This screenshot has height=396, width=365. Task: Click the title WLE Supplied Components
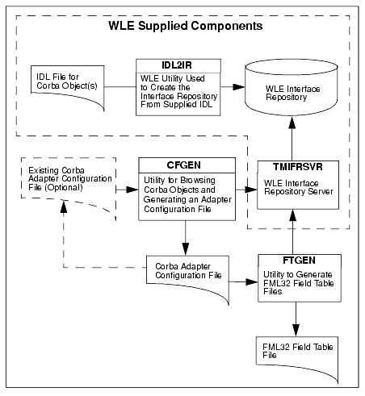point(186,26)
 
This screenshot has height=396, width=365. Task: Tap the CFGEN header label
point(183,165)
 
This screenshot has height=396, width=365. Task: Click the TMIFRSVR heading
point(297,167)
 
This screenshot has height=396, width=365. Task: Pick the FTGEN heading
point(299,261)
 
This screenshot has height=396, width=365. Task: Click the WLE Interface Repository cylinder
point(292,88)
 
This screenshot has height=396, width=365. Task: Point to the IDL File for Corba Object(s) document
point(68,86)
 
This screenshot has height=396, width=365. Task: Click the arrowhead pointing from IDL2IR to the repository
point(239,87)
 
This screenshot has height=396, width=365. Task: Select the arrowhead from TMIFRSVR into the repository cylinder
point(292,122)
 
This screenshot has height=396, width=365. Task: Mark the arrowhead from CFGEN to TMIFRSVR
point(251,190)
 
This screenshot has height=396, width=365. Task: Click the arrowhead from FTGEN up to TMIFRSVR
point(292,215)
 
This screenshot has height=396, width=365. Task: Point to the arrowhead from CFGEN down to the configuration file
point(186,249)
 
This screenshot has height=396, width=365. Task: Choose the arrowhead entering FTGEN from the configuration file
point(252,281)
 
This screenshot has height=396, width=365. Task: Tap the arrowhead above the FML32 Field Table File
point(296,330)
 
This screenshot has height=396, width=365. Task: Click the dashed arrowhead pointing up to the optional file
point(64,206)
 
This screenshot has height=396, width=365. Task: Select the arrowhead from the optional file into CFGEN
point(132,190)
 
